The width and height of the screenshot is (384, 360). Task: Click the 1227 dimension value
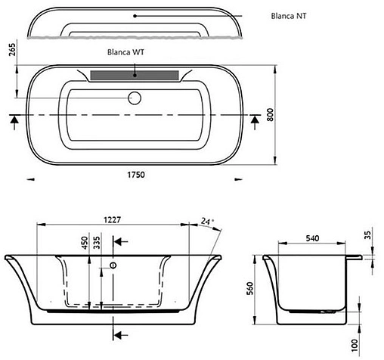pyautogui.click(x=110, y=222)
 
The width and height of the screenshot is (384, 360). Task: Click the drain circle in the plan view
pyautogui.click(x=136, y=98)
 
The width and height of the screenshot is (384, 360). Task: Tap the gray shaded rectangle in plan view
pyautogui.click(x=135, y=75)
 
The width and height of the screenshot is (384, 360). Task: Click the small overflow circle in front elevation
pyautogui.click(x=113, y=266)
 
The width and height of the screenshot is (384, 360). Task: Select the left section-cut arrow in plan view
pyautogui.click(x=14, y=118)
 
